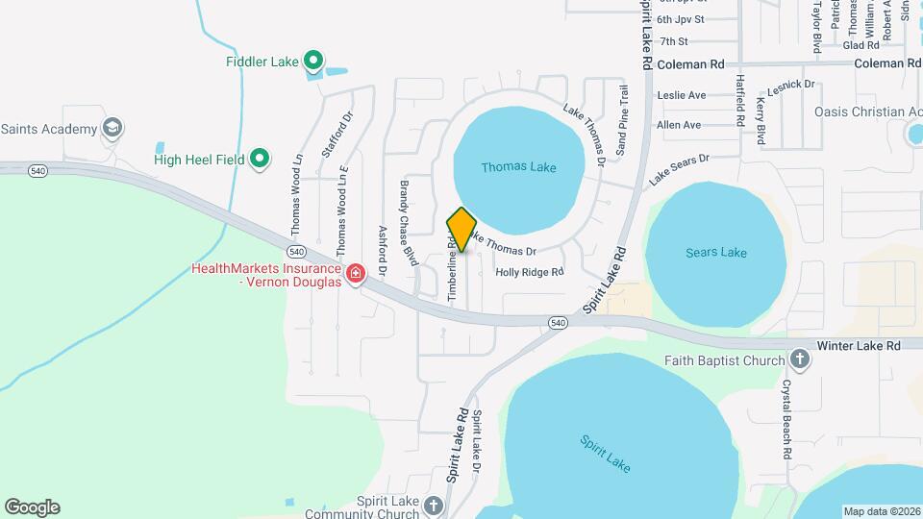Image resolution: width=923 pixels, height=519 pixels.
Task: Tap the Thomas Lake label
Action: pos(518,167)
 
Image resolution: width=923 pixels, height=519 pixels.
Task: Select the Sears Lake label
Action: pos(716,253)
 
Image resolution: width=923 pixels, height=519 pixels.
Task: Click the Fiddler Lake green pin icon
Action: pos(313,62)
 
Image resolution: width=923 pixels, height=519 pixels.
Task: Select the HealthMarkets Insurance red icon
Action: pos(356,275)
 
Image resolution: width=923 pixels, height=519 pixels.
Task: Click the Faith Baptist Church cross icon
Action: pos(799,360)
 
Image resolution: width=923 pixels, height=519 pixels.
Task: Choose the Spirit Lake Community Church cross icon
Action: pos(434,506)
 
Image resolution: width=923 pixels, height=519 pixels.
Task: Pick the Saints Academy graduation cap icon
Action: pos(112,128)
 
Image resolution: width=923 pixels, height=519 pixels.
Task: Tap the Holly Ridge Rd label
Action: pos(529,272)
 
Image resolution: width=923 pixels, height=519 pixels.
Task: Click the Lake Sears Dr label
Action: pos(679,169)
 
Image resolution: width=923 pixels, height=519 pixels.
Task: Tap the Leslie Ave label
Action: pos(681,95)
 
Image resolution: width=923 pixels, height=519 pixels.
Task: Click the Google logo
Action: pos(32,507)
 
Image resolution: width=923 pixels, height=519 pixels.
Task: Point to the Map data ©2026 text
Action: pos(881,511)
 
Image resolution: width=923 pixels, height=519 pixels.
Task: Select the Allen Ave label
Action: pos(679,125)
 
